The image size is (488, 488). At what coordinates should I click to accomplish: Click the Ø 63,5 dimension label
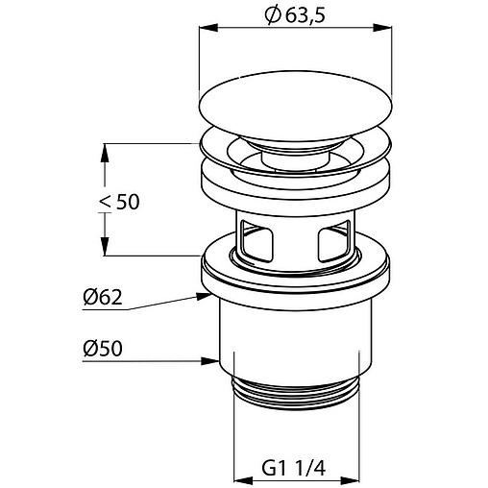295,15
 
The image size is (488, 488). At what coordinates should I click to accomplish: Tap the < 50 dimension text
119,202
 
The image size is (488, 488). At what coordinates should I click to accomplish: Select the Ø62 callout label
103,297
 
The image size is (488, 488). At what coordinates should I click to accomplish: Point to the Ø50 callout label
103,348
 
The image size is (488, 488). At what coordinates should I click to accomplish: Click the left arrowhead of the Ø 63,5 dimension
208,28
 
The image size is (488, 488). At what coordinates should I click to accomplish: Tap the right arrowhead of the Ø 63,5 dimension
383,28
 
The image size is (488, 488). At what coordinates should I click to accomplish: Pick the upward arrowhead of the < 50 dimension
105,153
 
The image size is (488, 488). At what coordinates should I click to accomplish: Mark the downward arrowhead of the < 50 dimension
105,246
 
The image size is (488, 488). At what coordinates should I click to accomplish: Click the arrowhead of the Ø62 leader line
205,296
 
